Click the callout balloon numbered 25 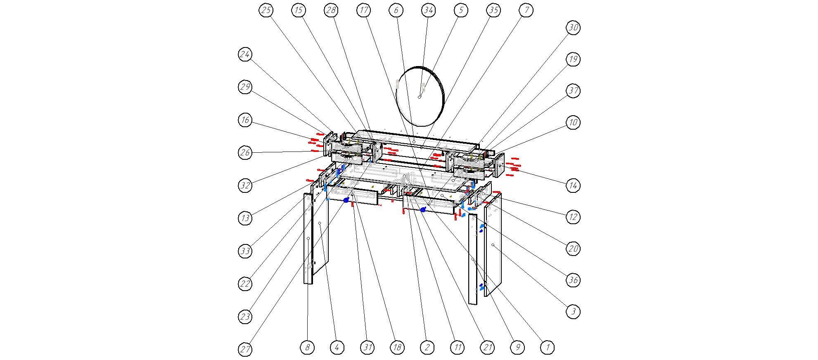click(266, 10)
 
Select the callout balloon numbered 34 click(428, 10)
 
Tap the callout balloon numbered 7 click(526, 10)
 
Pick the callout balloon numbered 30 click(573, 28)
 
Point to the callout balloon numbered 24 click(245, 54)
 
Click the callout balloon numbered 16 click(245, 120)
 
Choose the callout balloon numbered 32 click(245, 185)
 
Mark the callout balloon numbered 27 click(245, 350)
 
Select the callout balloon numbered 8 click(307, 348)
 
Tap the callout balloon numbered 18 click(397, 348)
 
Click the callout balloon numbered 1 click(548, 348)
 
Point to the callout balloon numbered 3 click(573, 311)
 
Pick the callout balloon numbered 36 click(573, 280)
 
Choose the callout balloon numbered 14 click(573, 185)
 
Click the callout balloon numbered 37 click(573, 91)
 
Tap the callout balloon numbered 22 click(245, 284)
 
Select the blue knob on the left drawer click(346, 200)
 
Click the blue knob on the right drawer click(423, 210)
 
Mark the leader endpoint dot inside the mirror click(419, 97)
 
